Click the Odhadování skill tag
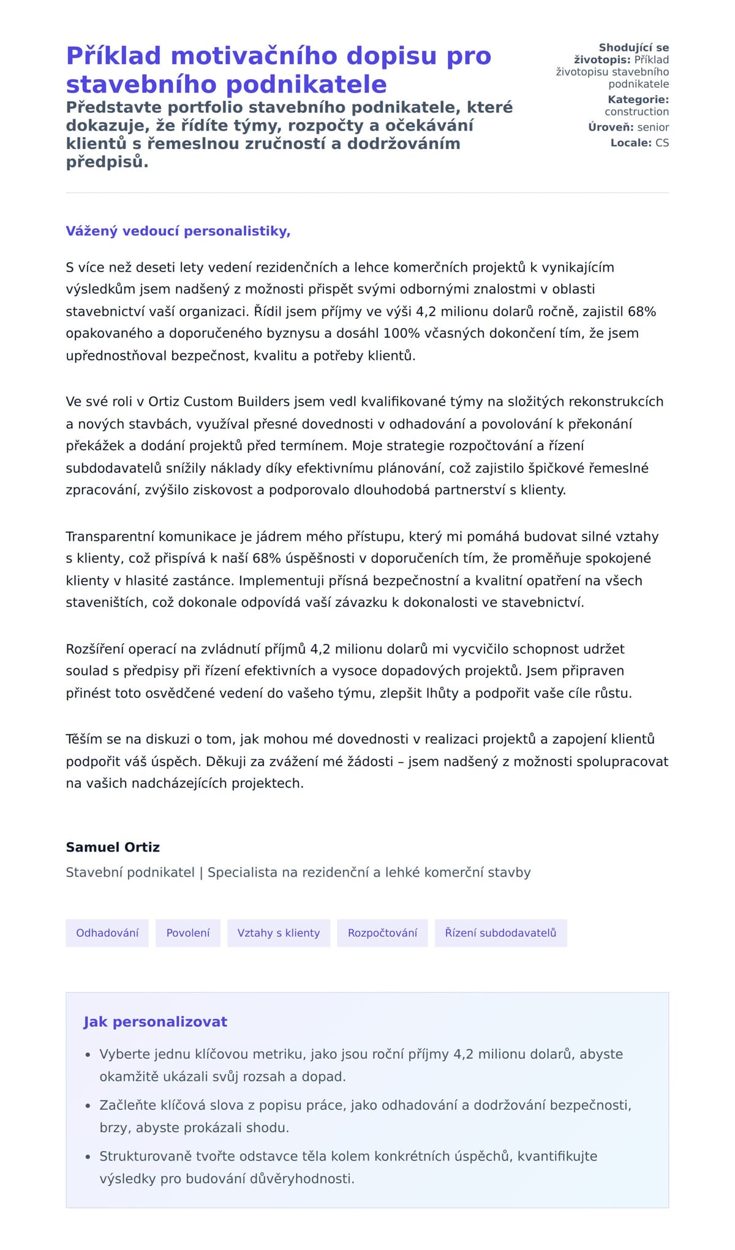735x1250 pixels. tap(107, 932)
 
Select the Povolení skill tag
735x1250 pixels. tap(187, 932)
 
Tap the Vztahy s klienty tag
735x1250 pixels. tap(278, 932)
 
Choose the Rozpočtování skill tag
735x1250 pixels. tap(382, 932)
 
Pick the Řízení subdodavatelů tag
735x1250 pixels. tap(500, 932)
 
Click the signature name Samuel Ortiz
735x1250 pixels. tap(113, 847)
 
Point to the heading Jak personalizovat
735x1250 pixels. tap(155, 1021)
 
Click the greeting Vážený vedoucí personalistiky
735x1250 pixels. tap(178, 231)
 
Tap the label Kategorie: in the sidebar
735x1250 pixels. tap(638, 99)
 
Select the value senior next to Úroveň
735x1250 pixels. tap(653, 127)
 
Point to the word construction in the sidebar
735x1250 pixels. tap(636, 112)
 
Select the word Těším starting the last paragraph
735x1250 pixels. tap(85, 739)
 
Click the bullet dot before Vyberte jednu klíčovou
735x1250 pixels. tap(88, 1055)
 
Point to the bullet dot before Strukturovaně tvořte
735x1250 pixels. tap(88, 1157)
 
